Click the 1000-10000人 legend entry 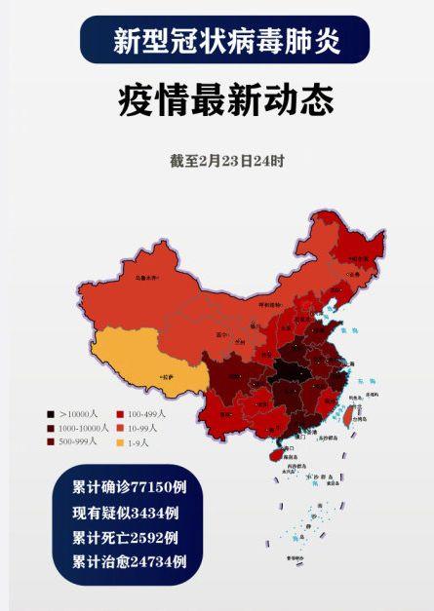click(x=77, y=428)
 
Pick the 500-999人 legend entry click(x=73, y=441)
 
